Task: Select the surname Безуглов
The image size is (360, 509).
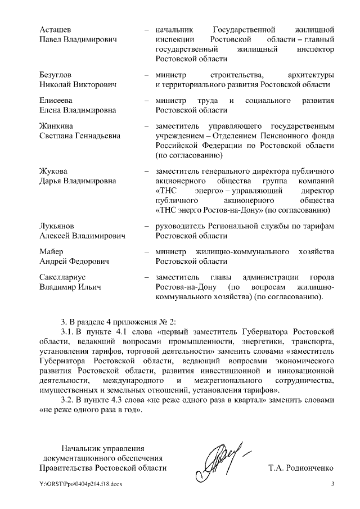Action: point(56,75)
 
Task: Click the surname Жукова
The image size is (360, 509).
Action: point(53,171)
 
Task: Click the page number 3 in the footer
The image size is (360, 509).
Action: point(332,485)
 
